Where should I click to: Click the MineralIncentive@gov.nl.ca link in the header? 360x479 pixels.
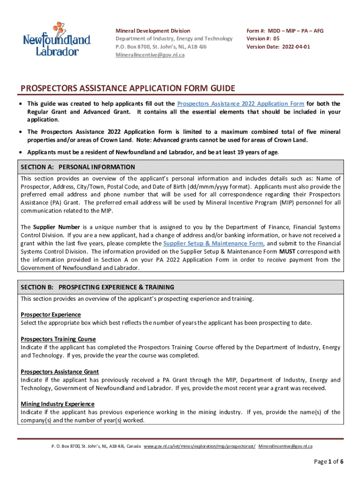[150, 55]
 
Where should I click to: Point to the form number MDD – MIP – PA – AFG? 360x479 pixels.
[285, 31]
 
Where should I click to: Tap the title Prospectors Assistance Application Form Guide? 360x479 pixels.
[128, 88]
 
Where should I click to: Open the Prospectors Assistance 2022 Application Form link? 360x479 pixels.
[240, 103]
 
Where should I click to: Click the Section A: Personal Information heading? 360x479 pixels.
[78, 167]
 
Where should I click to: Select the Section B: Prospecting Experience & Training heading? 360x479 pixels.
[97, 287]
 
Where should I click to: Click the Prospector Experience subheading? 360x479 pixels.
[50, 314]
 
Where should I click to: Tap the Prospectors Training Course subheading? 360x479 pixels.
[58, 339]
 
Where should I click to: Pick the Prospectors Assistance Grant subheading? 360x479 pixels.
[59, 371]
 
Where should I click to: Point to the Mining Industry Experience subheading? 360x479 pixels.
[57, 404]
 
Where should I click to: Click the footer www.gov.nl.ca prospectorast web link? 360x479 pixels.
[200, 446]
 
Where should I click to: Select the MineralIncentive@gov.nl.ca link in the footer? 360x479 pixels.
[285, 446]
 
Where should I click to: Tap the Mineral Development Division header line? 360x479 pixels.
[153, 31]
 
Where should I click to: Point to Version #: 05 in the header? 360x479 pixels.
[263, 39]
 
